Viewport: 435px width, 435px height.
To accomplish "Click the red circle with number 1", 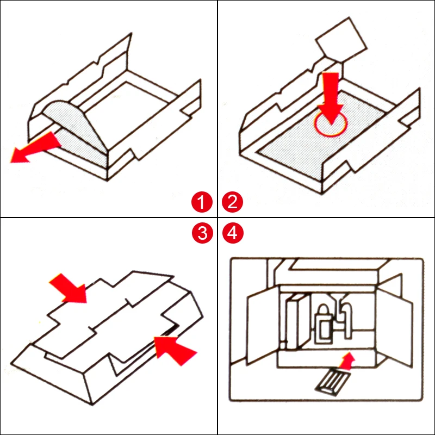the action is click(x=202, y=203).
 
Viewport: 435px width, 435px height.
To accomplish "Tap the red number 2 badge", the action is click(x=233, y=203).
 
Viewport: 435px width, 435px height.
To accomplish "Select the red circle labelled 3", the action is click(x=202, y=233).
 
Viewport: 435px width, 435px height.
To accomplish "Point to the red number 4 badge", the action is click(x=233, y=233).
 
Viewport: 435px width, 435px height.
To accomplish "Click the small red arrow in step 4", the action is click(x=346, y=359).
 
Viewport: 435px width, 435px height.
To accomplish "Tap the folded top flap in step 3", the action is click(x=109, y=315).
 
